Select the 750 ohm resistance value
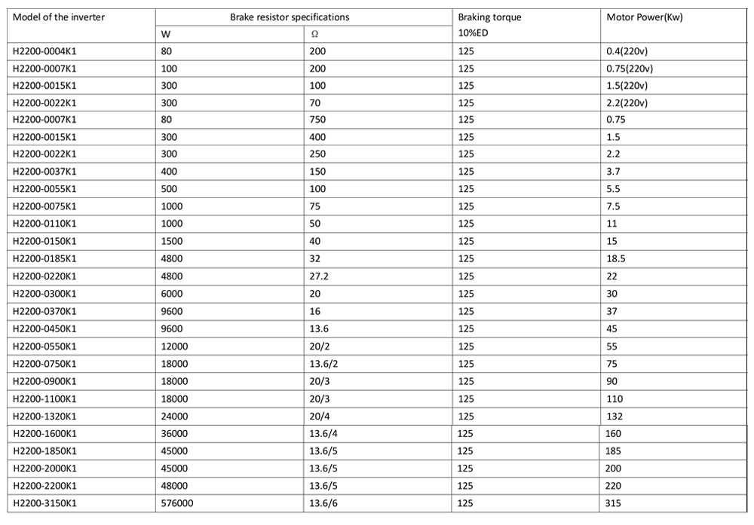pyautogui.click(x=317, y=119)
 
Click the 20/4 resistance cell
pyautogui.click(x=319, y=416)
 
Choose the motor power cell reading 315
pyautogui.click(x=613, y=503)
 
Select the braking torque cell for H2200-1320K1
pyautogui.click(x=466, y=416)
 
